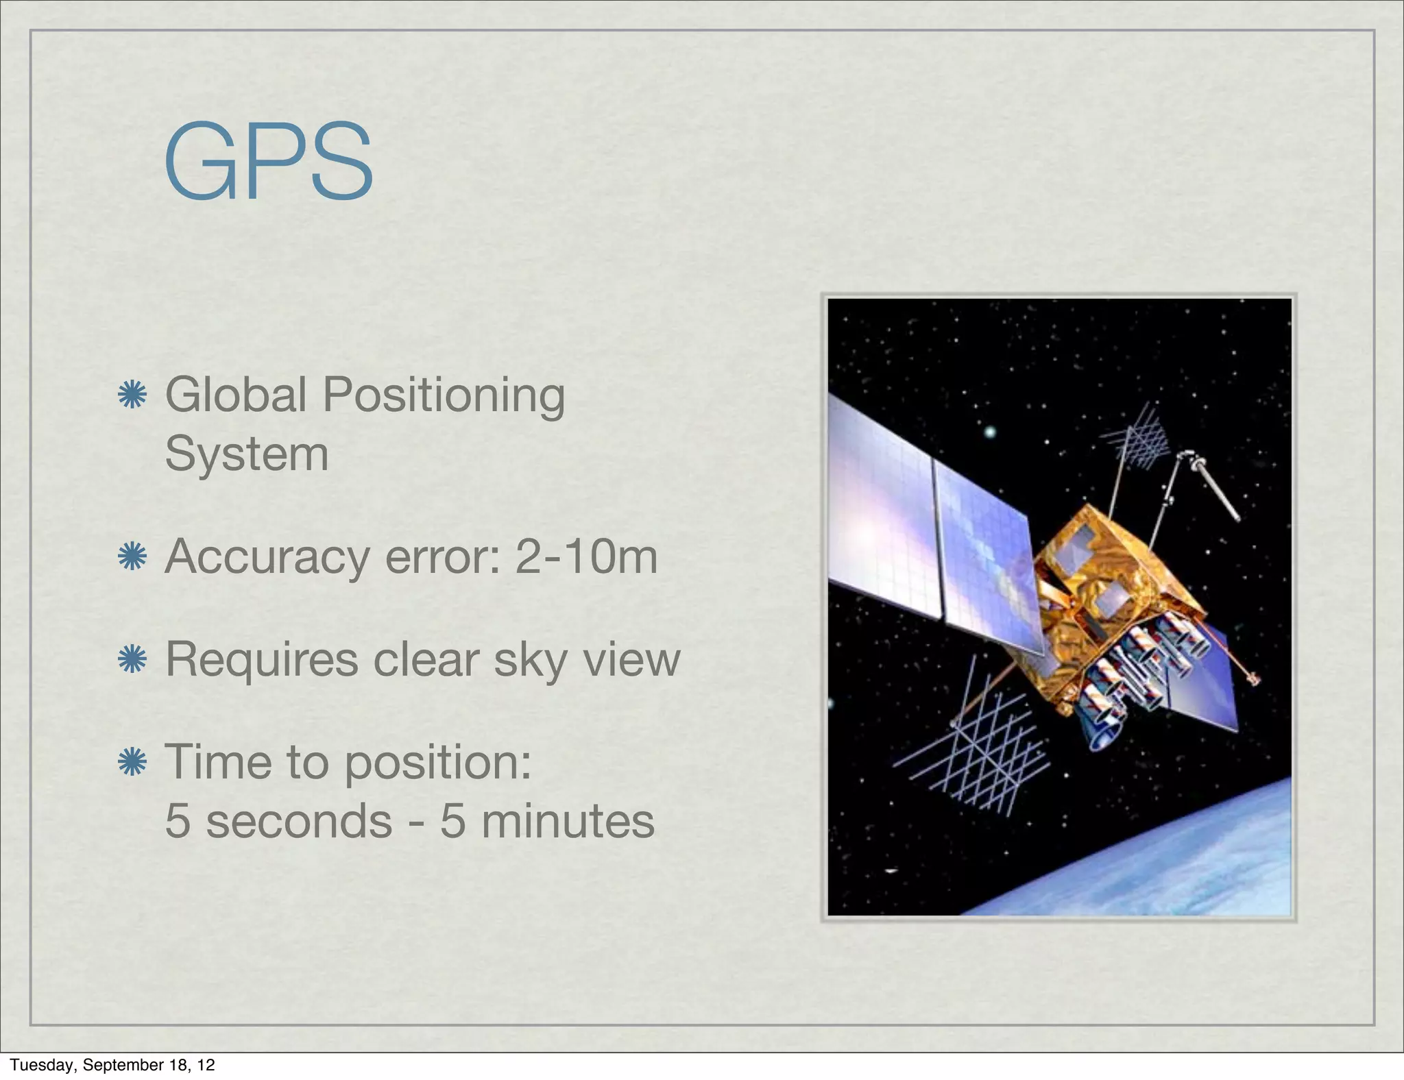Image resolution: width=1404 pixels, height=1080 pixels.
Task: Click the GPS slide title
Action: (x=269, y=162)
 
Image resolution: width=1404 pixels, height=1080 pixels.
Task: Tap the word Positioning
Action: (x=444, y=396)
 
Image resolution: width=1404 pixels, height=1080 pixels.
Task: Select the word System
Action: (x=247, y=454)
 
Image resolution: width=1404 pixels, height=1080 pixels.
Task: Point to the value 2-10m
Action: (x=586, y=556)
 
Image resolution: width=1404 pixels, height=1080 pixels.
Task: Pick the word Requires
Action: (x=262, y=660)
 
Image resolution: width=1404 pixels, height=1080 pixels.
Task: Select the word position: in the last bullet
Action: (x=438, y=762)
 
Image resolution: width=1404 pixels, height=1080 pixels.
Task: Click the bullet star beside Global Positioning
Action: (x=132, y=395)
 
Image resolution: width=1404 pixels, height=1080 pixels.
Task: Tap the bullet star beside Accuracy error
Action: (x=132, y=556)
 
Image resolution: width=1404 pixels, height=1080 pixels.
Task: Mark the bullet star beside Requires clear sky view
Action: (x=132, y=659)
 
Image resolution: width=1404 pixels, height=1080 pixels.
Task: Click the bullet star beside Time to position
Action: (x=132, y=761)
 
